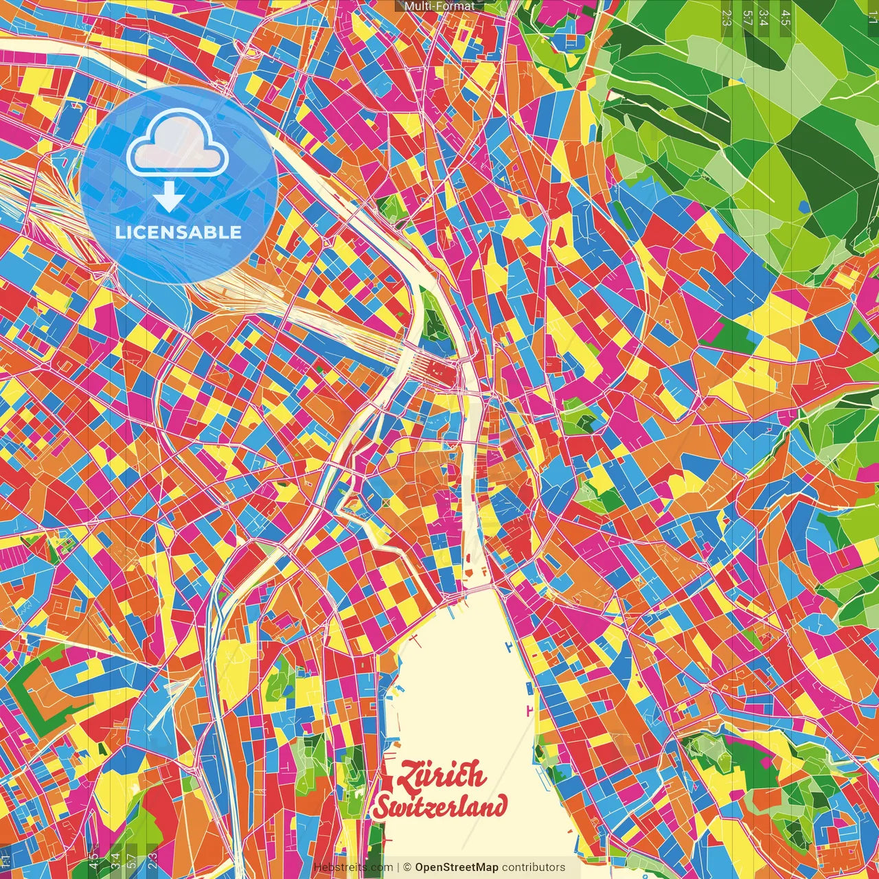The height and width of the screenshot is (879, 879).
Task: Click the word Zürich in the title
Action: click(440, 775)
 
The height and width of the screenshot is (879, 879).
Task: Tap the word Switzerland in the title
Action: click(440, 806)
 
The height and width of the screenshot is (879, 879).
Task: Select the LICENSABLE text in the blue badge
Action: click(179, 232)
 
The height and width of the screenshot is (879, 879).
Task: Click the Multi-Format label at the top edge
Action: click(439, 6)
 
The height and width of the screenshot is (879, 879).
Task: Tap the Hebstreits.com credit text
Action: click(353, 867)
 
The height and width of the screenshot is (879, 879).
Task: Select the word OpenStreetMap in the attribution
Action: click(457, 867)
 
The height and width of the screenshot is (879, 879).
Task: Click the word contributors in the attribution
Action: click(534, 867)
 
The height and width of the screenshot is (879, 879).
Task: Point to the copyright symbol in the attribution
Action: click(407, 867)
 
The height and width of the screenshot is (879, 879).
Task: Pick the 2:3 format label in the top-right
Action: click(727, 18)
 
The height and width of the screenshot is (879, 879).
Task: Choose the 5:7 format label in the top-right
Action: click(747, 18)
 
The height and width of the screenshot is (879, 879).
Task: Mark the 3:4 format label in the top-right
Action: click(764, 18)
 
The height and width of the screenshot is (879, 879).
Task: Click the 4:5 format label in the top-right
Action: click(786, 18)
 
